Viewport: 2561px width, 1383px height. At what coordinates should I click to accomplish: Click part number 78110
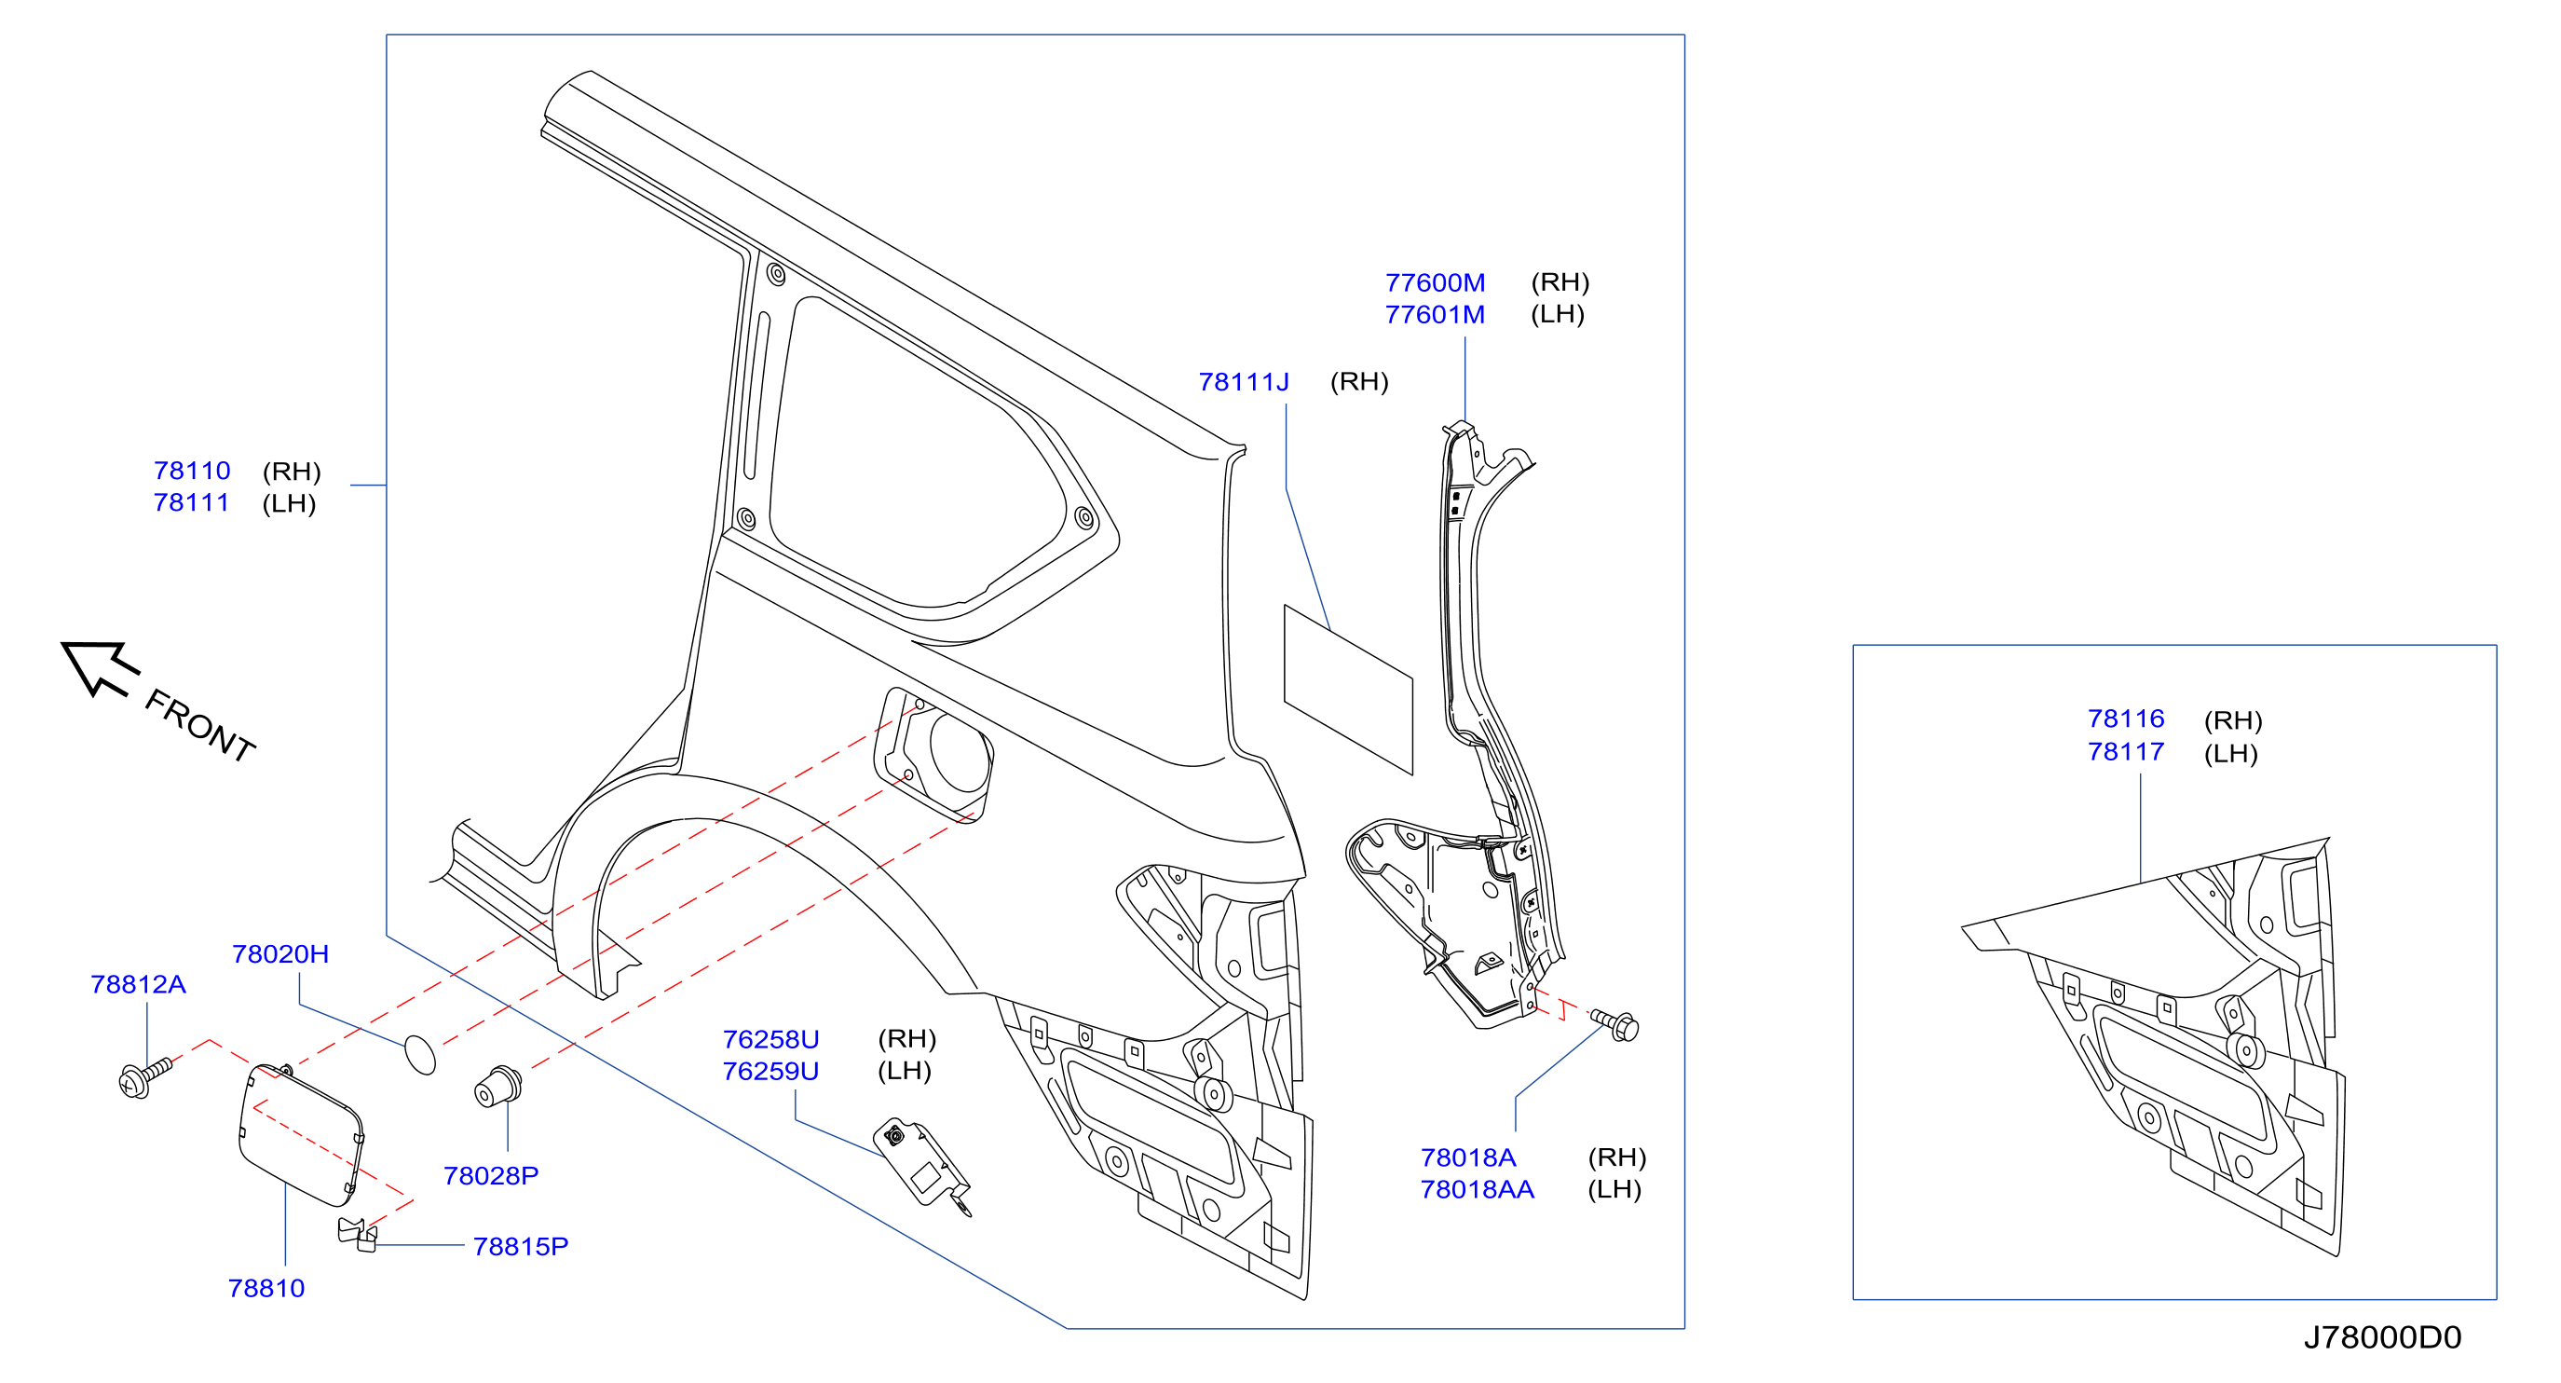192,471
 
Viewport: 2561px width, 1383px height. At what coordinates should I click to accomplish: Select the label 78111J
1244,382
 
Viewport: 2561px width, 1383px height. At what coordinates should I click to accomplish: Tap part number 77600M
1436,282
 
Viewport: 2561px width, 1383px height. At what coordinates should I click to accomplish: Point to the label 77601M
1436,314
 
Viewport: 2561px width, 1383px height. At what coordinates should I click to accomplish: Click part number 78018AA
1478,1189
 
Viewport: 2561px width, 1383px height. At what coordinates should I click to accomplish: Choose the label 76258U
771,1039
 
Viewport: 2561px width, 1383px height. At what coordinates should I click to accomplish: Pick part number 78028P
491,1175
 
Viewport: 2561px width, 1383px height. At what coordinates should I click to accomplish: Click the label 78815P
521,1246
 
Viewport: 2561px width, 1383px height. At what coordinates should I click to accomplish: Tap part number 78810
266,1288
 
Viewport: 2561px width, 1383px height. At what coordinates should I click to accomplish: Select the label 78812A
138,984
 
